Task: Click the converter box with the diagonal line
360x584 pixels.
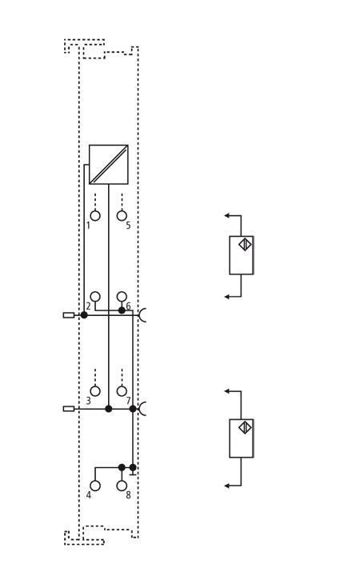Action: click(x=109, y=165)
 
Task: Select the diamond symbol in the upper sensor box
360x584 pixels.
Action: click(x=245, y=244)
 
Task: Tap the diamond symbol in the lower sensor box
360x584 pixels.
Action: click(x=245, y=427)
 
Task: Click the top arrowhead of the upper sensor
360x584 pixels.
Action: click(x=226, y=215)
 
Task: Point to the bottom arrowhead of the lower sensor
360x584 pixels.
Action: click(x=226, y=486)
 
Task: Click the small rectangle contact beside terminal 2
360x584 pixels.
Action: click(x=69, y=315)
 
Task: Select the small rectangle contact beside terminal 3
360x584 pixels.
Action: click(x=69, y=409)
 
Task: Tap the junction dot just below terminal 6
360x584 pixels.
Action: click(x=122, y=310)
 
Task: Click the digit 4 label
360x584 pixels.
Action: click(x=89, y=495)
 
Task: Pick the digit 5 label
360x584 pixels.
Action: click(x=128, y=226)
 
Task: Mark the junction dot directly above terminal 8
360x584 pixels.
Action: click(x=122, y=467)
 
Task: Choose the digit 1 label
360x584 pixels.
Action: click(x=88, y=226)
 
